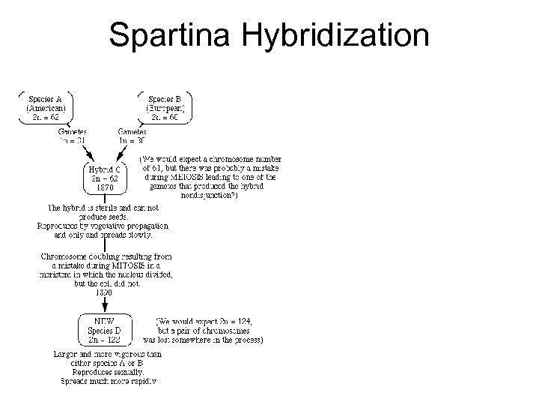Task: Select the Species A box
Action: (46, 108)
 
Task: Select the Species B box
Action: (165, 108)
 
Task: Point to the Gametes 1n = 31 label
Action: (73, 135)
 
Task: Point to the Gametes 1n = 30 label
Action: (133, 135)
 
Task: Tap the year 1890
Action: (104, 292)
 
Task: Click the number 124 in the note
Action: (244, 320)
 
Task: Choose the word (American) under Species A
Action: (46, 108)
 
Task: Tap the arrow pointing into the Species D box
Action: (104, 304)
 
